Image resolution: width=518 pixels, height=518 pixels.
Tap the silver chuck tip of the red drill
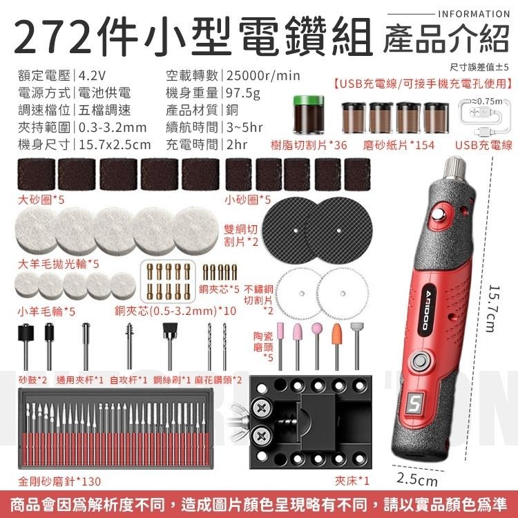[x=455, y=168]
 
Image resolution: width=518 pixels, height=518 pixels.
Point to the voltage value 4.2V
[x=93, y=75]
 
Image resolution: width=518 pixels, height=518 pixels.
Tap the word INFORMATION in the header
[x=474, y=14]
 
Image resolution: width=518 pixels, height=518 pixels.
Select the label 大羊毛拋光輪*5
[x=49, y=263]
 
